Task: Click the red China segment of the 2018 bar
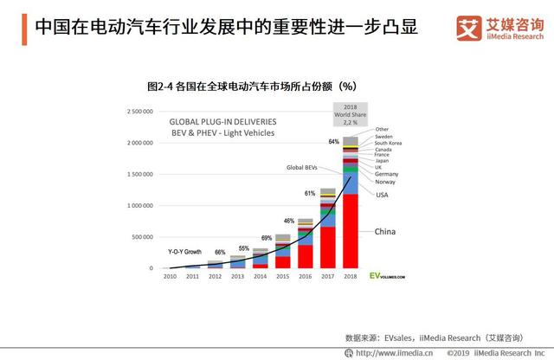tap(351, 232)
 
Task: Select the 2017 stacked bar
tap(327, 228)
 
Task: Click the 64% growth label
tap(333, 141)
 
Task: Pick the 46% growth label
tap(289, 222)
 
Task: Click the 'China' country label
tap(386, 232)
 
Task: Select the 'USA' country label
tap(382, 195)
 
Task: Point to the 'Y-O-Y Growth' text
tap(185, 251)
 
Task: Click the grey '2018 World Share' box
tap(351, 114)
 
